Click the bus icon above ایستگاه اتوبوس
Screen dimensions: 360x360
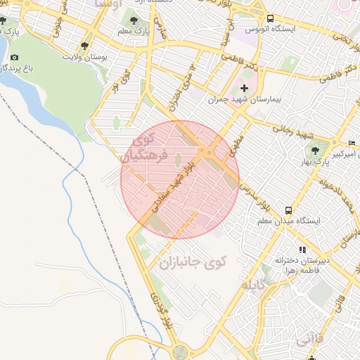click(269, 18)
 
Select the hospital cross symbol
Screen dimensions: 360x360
click(244, 89)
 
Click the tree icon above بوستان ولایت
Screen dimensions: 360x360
click(85, 46)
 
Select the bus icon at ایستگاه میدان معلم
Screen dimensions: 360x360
click(289, 210)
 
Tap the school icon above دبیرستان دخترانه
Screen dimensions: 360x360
click(302, 250)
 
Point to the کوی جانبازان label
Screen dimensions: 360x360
click(186, 264)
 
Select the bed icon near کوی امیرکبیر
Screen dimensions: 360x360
click(352, 143)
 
